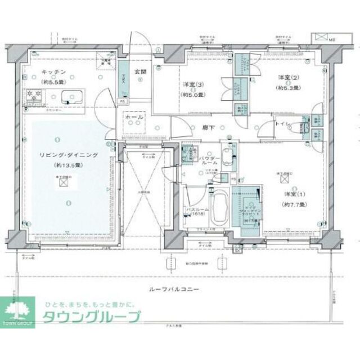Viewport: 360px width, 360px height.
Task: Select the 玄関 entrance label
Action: pyautogui.click(x=140, y=72)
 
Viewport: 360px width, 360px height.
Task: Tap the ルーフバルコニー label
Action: pyautogui.click(x=175, y=289)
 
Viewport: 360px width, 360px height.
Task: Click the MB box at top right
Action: pyautogui.click(x=323, y=38)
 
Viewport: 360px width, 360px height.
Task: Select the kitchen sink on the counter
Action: pyautogui.click(x=69, y=94)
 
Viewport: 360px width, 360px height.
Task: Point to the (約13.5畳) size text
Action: pyautogui.click(x=67, y=166)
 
